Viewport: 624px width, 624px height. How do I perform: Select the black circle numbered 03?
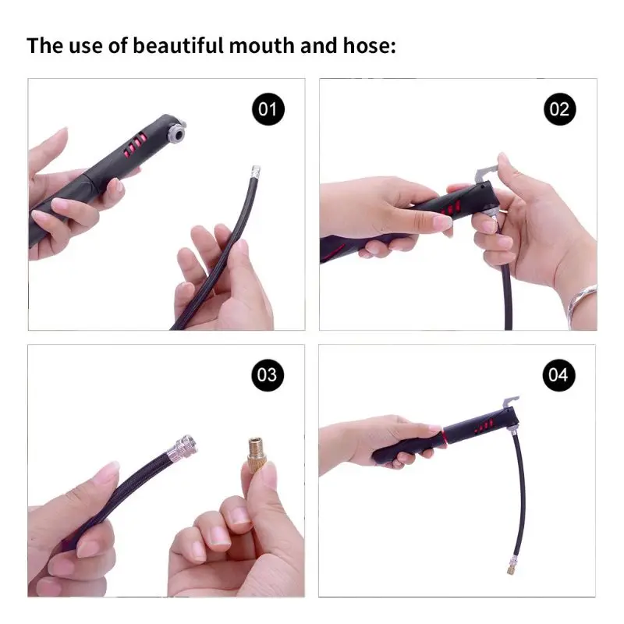267,374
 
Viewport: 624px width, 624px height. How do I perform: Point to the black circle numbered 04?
558,374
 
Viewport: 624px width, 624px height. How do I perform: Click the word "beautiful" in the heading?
179,45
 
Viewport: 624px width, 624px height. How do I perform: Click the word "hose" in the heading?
366,45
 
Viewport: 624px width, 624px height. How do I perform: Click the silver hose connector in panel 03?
186,446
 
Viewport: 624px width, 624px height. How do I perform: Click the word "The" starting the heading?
45,45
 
